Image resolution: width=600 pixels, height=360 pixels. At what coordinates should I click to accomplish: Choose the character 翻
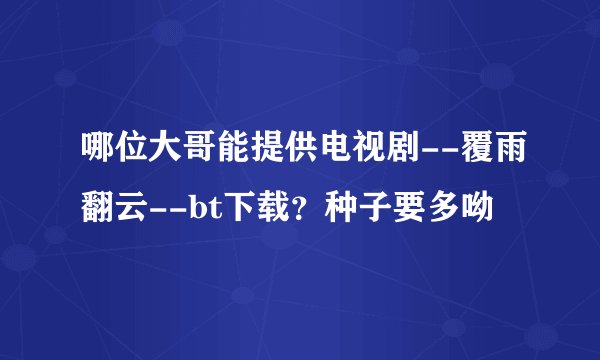tap(96, 206)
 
